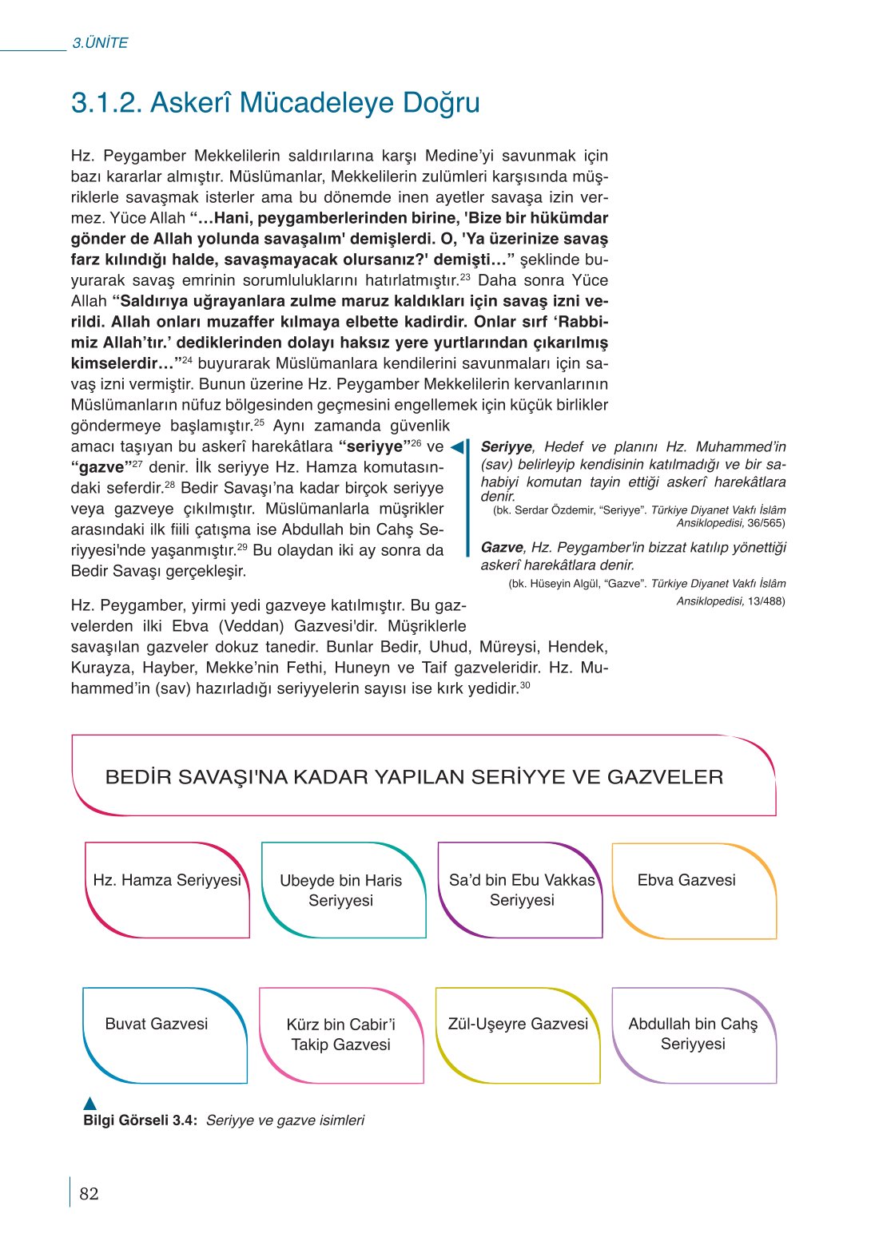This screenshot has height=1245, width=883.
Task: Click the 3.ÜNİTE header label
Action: (x=100, y=43)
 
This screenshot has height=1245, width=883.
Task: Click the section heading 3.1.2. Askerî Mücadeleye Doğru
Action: (x=275, y=103)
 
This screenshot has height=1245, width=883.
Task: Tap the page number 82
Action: (x=89, y=1193)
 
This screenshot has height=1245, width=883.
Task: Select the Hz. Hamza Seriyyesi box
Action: (x=167, y=889)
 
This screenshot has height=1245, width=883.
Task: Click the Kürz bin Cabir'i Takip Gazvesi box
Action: (x=341, y=1034)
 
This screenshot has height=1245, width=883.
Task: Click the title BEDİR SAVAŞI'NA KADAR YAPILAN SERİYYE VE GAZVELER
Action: (x=414, y=777)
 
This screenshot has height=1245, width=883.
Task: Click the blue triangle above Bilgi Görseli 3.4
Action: (x=90, y=1103)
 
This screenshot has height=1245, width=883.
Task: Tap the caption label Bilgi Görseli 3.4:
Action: (x=140, y=1120)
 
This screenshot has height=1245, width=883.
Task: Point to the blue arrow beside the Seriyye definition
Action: (x=458, y=447)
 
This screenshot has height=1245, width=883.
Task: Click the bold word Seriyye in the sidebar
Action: (x=506, y=447)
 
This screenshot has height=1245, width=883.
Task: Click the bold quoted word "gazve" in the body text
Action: (x=101, y=467)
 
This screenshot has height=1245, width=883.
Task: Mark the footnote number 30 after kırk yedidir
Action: (x=525, y=685)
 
